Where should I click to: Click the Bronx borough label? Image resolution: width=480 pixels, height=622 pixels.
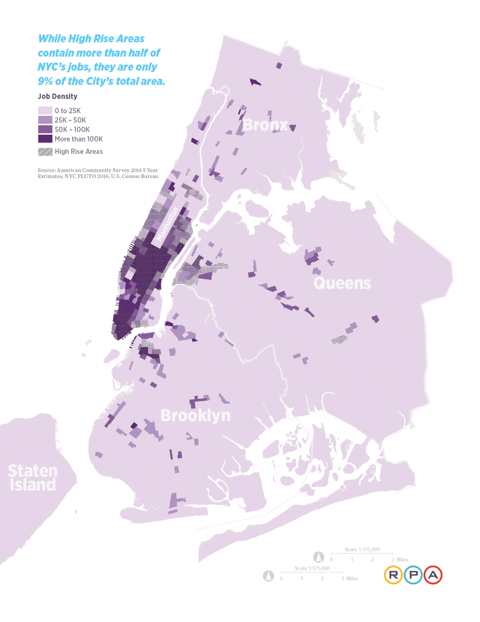[265, 125]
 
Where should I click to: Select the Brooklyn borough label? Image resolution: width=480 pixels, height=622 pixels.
[195, 415]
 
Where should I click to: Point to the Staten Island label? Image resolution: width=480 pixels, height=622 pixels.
[33, 478]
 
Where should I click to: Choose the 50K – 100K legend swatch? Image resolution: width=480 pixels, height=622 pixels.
[45, 129]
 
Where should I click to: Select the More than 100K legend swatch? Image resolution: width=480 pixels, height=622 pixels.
[45, 139]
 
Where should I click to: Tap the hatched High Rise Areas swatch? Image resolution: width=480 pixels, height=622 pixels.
[45, 151]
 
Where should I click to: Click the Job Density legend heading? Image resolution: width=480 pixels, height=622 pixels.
[57, 96]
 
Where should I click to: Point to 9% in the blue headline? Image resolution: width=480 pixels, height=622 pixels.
[45, 81]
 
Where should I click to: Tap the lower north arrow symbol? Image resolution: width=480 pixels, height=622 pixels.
[268, 576]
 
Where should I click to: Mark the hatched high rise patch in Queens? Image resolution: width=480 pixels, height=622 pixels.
[339, 339]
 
